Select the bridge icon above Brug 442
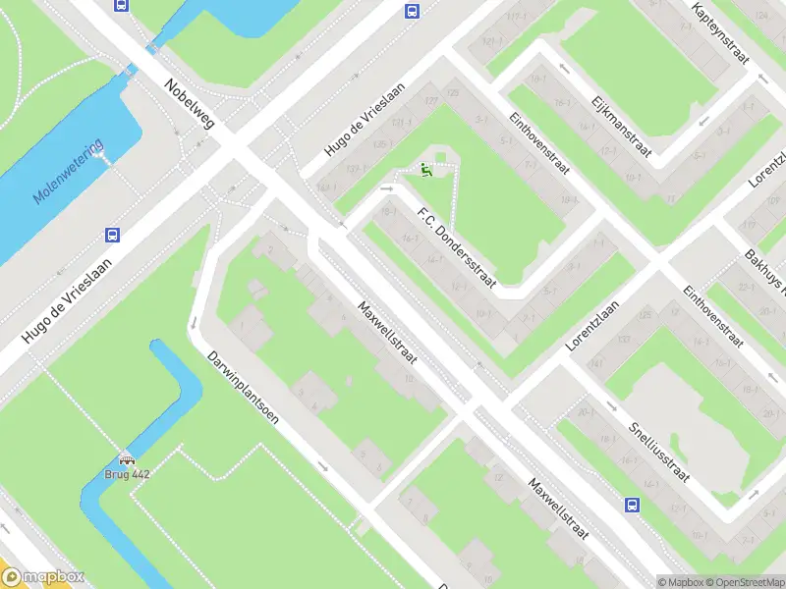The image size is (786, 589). point(127,459)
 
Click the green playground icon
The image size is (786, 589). point(426,170)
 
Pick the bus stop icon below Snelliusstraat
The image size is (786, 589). point(632,506)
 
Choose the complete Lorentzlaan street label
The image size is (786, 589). point(597,325)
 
